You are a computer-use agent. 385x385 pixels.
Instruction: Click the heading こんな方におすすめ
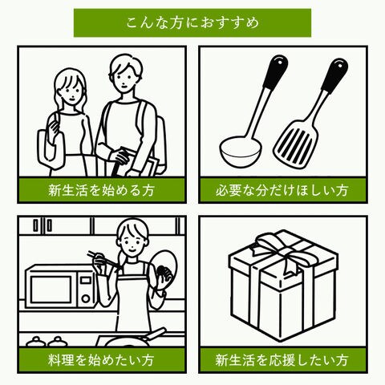[x=192, y=22]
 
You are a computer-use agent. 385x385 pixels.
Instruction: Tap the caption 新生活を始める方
[x=102, y=191]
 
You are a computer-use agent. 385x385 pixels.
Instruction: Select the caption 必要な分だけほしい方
[x=282, y=191]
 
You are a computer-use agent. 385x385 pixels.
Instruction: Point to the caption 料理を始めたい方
[x=102, y=360]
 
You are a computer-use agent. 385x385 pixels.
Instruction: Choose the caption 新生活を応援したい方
[x=282, y=360]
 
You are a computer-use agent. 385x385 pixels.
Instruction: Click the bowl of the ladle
[x=240, y=151]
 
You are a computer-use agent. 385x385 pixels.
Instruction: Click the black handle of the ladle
[x=275, y=71]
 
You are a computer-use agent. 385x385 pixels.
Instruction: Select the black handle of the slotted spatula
[x=334, y=75]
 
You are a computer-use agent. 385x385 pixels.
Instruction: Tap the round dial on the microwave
[x=86, y=298]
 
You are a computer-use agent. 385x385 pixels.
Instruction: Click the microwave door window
[x=51, y=290]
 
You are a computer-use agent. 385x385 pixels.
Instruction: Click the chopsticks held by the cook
[x=103, y=258]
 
